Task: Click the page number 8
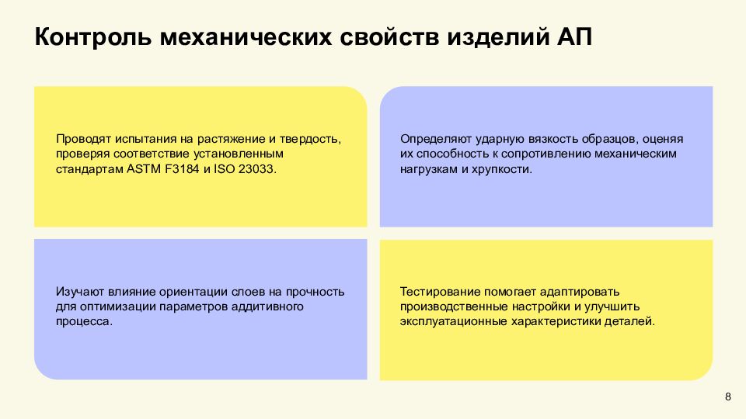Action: click(x=727, y=397)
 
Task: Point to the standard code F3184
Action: click(x=180, y=168)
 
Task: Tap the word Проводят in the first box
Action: click(x=84, y=139)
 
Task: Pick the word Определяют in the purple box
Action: click(x=433, y=139)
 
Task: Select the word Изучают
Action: click(x=81, y=292)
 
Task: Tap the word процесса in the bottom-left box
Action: click(x=83, y=321)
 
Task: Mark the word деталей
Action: click(x=633, y=321)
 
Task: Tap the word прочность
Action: click(x=315, y=292)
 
